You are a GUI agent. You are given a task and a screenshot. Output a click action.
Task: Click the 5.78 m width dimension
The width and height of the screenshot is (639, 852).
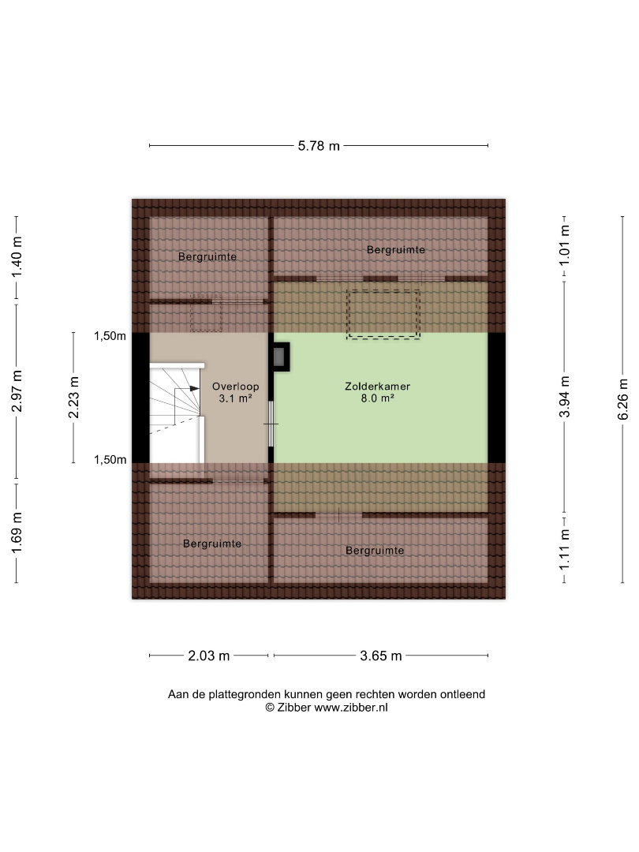[319, 146]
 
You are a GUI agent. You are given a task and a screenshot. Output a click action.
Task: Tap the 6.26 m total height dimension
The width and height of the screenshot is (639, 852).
[622, 399]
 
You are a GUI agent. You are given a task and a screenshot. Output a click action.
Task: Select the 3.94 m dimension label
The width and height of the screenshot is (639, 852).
[565, 397]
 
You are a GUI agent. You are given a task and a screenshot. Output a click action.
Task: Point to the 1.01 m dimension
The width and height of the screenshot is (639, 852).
[565, 245]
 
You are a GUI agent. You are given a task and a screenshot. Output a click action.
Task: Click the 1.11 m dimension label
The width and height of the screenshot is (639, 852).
[565, 551]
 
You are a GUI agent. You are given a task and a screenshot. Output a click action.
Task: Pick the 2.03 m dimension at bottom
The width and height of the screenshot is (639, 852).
[208, 656]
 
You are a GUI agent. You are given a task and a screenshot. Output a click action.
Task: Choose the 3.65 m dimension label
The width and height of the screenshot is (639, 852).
[381, 656]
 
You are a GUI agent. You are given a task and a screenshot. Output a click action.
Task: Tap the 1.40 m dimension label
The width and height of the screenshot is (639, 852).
[17, 257]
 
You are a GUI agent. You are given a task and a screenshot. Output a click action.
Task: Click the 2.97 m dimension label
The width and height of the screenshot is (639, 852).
[17, 391]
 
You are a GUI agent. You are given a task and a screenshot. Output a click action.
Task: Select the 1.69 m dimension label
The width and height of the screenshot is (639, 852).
[17, 533]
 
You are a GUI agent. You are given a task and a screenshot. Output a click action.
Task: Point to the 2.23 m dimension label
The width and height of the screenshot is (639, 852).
[73, 398]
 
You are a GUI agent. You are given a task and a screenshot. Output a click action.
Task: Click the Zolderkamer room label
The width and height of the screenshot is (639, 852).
[378, 387]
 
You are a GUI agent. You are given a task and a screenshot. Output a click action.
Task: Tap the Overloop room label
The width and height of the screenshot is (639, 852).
[235, 387]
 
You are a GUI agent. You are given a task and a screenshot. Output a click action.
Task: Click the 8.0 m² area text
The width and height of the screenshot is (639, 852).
[378, 398]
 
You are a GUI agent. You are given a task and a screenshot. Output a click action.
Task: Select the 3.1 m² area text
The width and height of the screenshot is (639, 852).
[235, 399]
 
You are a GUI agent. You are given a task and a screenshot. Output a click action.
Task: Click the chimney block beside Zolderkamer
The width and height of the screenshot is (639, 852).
[282, 357]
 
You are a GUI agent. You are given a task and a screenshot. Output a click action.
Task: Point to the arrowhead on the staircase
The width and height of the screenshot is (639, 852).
[195, 388]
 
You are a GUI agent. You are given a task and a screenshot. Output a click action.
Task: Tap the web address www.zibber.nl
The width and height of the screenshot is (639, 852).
[351, 708]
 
